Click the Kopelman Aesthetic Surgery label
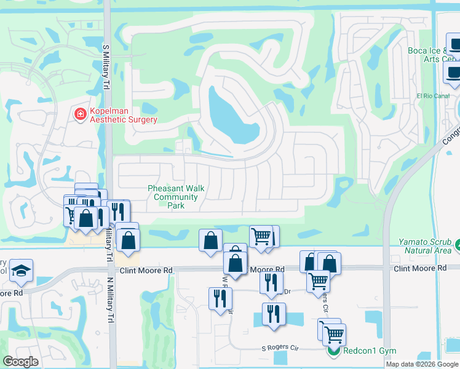[x=123, y=115]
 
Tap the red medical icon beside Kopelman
[x=80, y=114]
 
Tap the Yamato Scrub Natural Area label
[x=424, y=247]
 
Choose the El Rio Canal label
[x=433, y=96]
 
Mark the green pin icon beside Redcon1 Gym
[x=333, y=351]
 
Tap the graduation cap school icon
[x=21, y=271]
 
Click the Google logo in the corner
[x=20, y=361]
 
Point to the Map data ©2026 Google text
[x=422, y=364]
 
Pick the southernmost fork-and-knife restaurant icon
[x=274, y=313]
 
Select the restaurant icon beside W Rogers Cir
[x=220, y=299]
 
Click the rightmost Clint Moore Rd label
[x=419, y=269]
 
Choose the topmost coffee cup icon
[x=455, y=46]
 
